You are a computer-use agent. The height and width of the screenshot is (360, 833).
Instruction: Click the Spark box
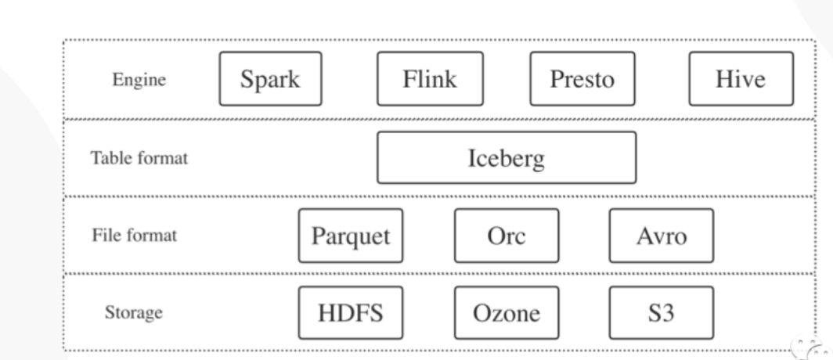click(270, 79)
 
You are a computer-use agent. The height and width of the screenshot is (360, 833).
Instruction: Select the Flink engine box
click(429, 79)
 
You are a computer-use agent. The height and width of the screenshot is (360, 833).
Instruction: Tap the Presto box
click(582, 79)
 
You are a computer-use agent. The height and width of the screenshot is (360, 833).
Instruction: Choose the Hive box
click(741, 79)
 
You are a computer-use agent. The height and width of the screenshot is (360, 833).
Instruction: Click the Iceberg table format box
click(507, 157)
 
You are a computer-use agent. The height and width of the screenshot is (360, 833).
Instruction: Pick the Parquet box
click(350, 236)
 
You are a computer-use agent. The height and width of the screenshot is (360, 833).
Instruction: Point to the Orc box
click(506, 236)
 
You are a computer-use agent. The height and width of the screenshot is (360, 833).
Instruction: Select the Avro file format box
click(661, 236)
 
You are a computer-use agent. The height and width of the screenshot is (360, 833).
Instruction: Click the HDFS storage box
click(350, 313)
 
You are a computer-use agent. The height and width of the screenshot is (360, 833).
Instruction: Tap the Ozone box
click(506, 313)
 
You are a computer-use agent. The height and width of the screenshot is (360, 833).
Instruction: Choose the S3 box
click(661, 313)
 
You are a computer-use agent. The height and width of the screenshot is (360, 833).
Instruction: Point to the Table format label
click(138, 157)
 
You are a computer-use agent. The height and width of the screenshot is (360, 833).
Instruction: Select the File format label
click(135, 236)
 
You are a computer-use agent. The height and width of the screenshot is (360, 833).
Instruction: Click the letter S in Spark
click(247, 79)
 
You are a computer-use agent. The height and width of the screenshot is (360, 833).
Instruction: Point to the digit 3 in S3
click(668, 313)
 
